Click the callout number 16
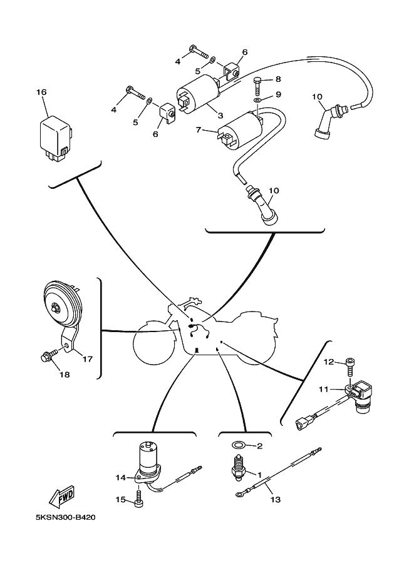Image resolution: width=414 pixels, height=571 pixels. point(41,93)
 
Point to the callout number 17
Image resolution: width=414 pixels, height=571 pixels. point(87,359)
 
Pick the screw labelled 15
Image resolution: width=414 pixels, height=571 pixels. point(139,501)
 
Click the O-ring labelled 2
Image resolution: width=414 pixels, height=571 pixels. point(238,446)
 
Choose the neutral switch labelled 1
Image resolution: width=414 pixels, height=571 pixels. point(239,470)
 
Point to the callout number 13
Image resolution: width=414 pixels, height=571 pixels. point(275,500)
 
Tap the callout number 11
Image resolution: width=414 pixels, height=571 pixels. point(323,389)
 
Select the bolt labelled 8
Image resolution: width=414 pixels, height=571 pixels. point(258,81)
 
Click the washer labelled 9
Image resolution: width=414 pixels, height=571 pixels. point(258,100)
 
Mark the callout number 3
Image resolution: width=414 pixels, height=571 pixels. point(220,115)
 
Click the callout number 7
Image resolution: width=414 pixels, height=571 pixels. point(199,130)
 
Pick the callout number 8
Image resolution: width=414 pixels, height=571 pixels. point(277,79)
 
